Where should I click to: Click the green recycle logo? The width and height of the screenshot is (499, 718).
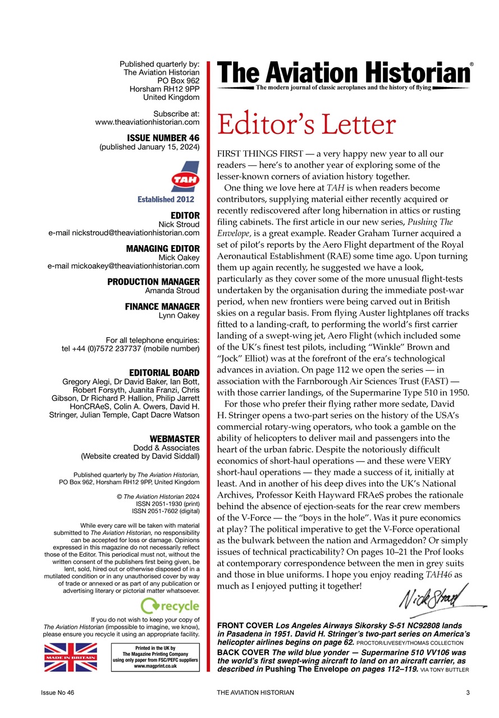point(170,606)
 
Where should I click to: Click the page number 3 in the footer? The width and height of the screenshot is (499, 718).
point(468,693)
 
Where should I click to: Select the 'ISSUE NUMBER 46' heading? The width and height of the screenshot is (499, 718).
point(163,137)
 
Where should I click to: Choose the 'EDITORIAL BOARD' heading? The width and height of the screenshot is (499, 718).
point(164,372)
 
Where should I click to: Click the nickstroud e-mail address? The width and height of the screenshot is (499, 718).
point(123,232)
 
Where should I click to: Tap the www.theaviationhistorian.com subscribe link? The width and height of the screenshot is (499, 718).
point(148,122)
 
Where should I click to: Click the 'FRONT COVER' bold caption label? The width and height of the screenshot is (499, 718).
point(244,625)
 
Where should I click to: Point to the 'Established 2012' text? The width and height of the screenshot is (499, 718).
point(166,199)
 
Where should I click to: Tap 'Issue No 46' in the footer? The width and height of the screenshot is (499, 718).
point(57,693)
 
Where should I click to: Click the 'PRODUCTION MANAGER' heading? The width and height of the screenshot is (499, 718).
point(153,282)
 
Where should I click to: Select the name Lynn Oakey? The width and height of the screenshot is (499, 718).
point(179,315)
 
